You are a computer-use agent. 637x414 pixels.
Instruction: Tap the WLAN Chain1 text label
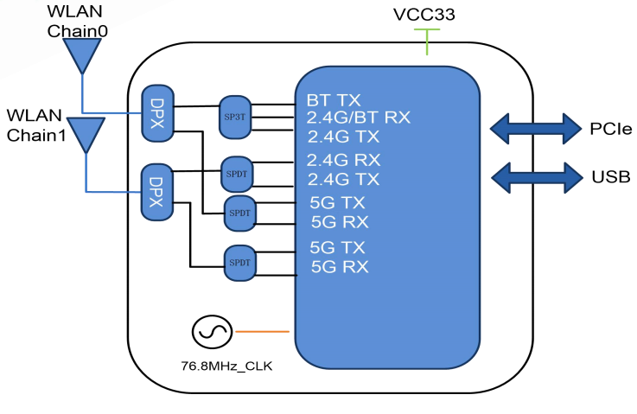pyautogui.click(x=37, y=124)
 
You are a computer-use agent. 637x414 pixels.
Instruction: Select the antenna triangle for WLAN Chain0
pyautogui.click(x=83, y=56)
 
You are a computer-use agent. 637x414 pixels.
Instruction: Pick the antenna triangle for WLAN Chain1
pyautogui.click(x=86, y=135)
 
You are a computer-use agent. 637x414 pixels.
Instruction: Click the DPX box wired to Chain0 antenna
pyautogui.click(x=156, y=111)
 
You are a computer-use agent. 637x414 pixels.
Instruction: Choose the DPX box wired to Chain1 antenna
pyautogui.click(x=156, y=191)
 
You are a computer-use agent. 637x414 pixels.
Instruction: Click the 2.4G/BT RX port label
pyautogui.click(x=358, y=117)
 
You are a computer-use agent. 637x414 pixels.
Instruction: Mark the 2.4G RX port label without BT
pyautogui.click(x=342, y=159)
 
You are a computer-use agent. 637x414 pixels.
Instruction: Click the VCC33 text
pyautogui.click(x=425, y=14)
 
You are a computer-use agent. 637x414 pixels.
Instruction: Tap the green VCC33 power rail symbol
pyautogui.click(x=426, y=39)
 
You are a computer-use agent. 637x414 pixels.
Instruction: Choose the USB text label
pyautogui.click(x=610, y=177)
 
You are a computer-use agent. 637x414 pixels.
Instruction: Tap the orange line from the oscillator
pyautogui.click(x=263, y=331)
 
